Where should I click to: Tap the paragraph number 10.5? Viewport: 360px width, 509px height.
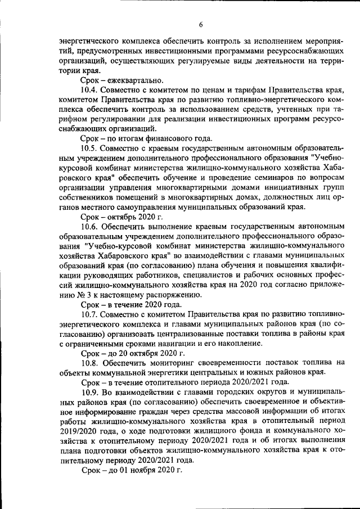(x=91, y=148)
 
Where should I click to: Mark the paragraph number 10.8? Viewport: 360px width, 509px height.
(x=91, y=363)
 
